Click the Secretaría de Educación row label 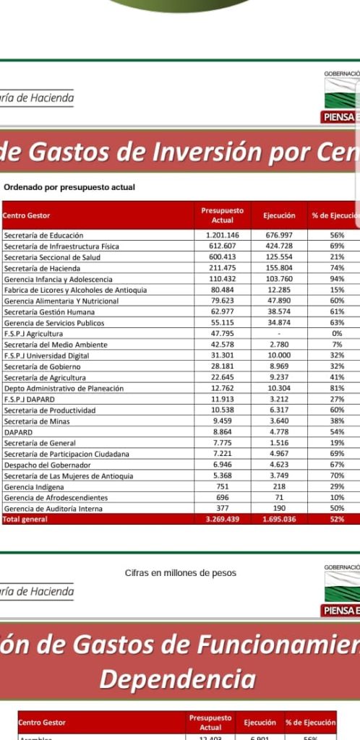click(x=43, y=236)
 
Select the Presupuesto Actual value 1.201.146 click(x=222, y=236)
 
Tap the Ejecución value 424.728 click(x=278, y=246)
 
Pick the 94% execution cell click(x=337, y=279)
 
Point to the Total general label click(x=25, y=520)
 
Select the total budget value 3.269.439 click(x=222, y=520)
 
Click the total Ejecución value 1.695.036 click(x=278, y=520)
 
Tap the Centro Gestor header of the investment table click(x=27, y=215)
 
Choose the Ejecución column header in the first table click(x=278, y=215)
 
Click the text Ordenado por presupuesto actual click(x=69, y=187)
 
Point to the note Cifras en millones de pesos click(x=180, y=573)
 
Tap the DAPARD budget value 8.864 click(x=222, y=432)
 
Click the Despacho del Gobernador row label click(x=47, y=465)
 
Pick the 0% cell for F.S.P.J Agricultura click(x=337, y=334)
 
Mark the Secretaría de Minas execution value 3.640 click(x=278, y=421)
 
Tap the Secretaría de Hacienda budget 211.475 click(x=222, y=268)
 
